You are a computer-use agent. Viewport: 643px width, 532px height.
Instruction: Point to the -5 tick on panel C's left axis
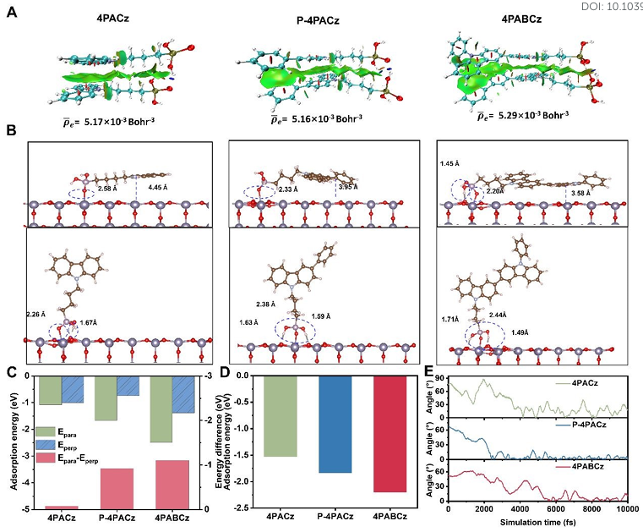tap(25, 508)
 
